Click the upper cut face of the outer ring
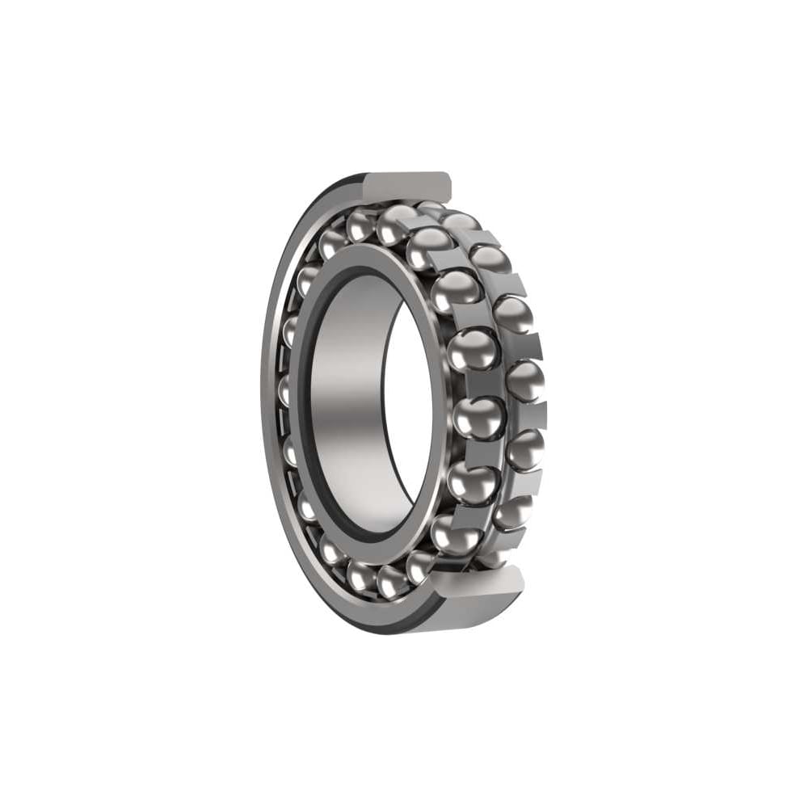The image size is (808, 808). (x=408, y=187)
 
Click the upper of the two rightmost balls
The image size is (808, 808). (x=525, y=380)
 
